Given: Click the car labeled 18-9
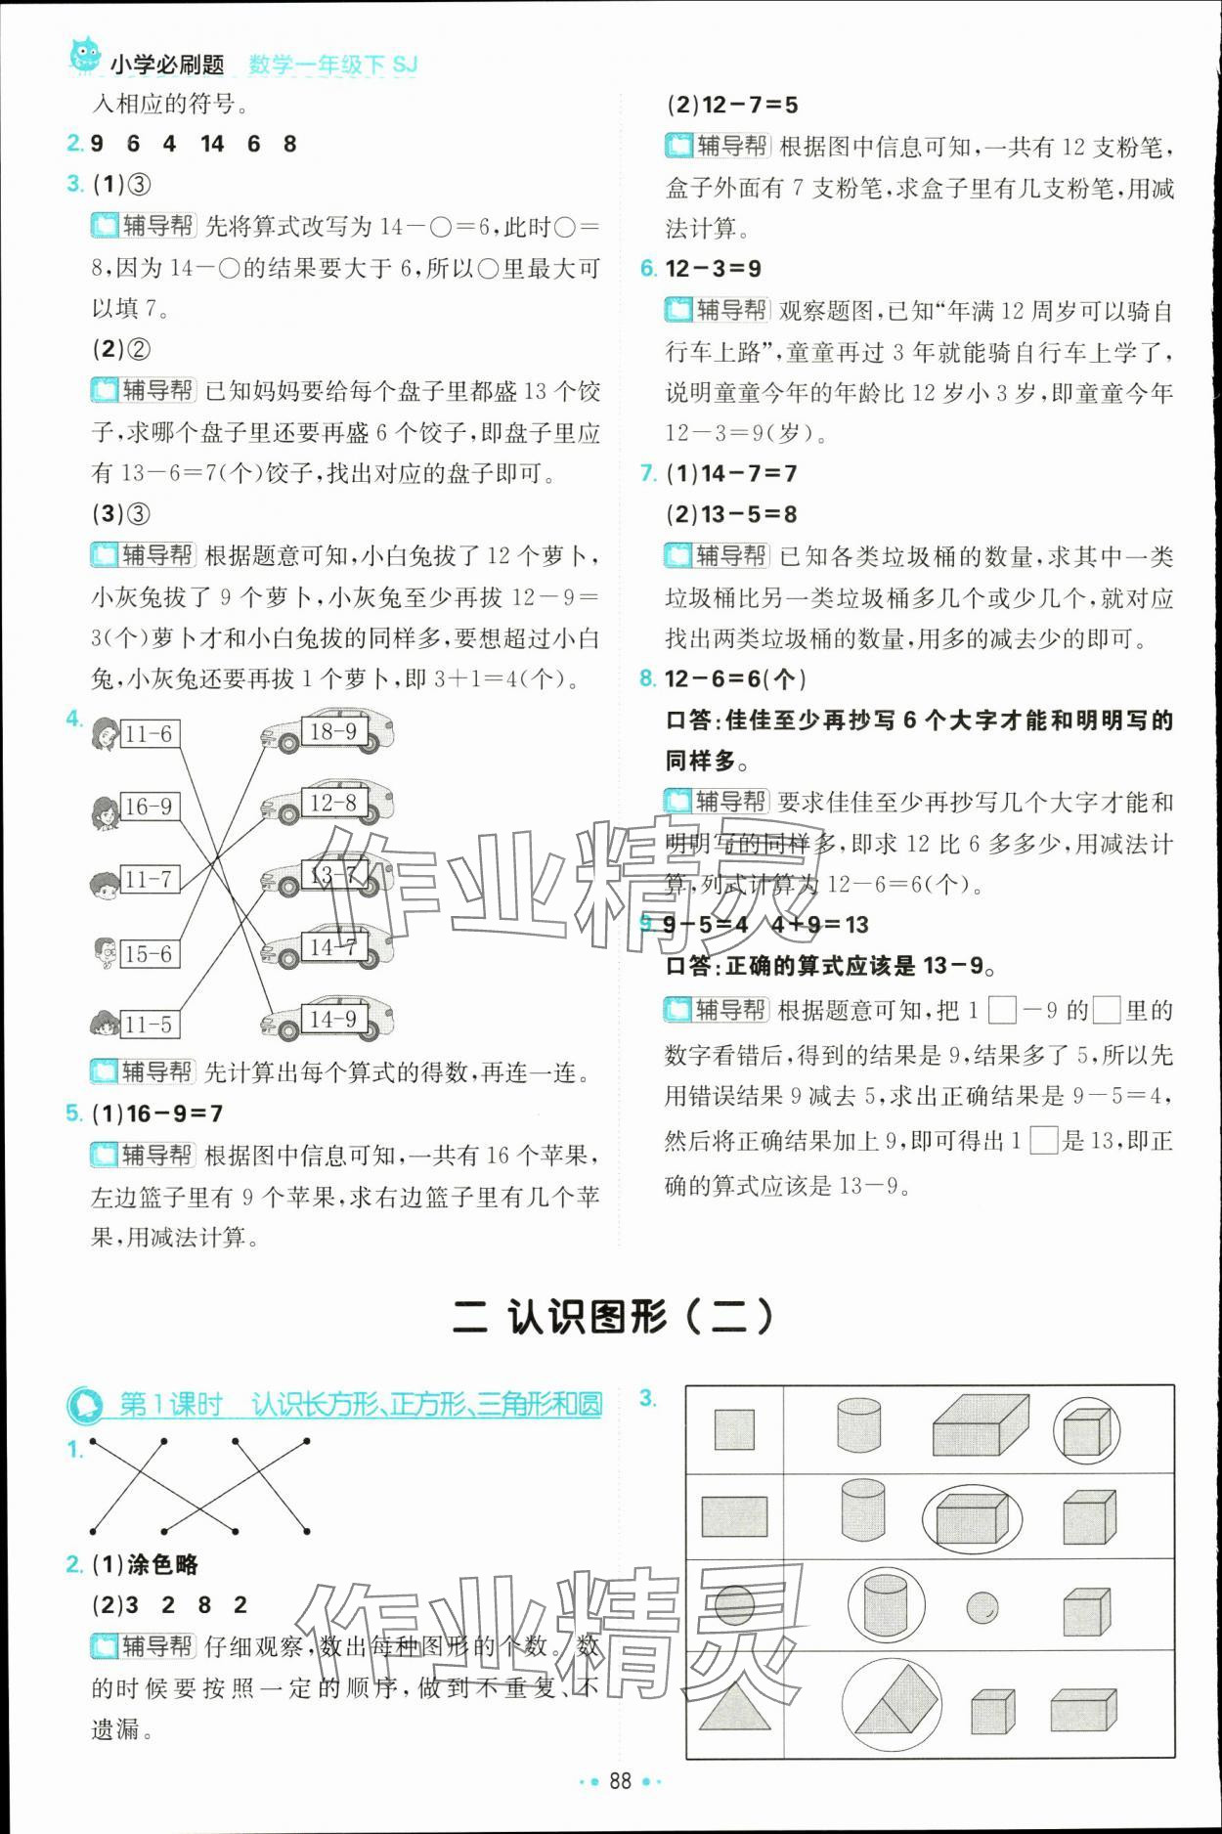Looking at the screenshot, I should click(328, 732).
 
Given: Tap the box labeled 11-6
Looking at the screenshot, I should click(150, 734).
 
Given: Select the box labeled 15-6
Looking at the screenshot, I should click(150, 953).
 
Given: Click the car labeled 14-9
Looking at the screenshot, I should click(328, 1020).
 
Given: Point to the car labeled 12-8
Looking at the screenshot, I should click(328, 804).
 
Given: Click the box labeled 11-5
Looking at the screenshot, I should click(150, 1025).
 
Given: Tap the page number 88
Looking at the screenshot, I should click(620, 1779).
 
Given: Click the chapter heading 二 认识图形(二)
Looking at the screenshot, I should click(612, 1317).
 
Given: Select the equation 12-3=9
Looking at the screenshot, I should click(713, 269).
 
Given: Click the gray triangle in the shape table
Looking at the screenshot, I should click(732, 1709).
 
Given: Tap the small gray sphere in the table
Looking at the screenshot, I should click(982, 1606).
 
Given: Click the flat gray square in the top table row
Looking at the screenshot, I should click(734, 1429).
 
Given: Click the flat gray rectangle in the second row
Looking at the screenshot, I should click(734, 1516).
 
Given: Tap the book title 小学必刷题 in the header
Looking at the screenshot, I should click(167, 65).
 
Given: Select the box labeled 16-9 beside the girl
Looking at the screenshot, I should click(150, 807).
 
